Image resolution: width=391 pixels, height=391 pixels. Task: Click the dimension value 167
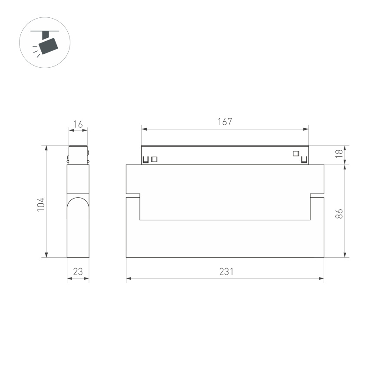(225, 122)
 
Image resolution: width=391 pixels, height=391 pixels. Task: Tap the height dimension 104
(41, 204)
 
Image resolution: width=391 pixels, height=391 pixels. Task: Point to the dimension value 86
(339, 213)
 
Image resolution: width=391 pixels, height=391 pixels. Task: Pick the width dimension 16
(78, 125)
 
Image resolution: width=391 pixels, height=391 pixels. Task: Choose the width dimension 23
(78, 272)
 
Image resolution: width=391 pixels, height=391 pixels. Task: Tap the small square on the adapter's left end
(154, 159)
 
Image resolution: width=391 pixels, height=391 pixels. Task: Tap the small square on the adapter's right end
(296, 153)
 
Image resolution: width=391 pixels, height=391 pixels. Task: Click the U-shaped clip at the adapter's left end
(146, 160)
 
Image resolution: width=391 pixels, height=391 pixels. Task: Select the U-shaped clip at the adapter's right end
(304, 161)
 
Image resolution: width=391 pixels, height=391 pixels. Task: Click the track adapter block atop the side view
(78, 154)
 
